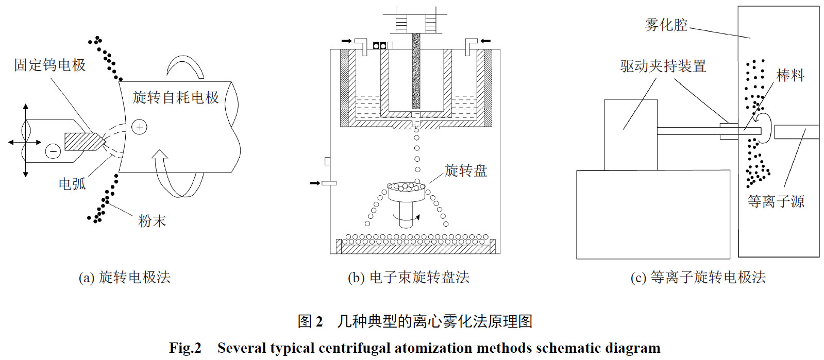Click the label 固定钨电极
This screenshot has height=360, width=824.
click(x=50, y=65)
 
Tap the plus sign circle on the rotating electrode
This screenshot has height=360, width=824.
click(x=140, y=127)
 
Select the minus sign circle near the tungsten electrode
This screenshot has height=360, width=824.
click(x=53, y=151)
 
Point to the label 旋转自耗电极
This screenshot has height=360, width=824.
click(x=176, y=97)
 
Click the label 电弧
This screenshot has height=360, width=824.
click(x=72, y=184)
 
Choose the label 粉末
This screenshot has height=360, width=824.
click(x=152, y=221)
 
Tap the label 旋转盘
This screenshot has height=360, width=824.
click(x=466, y=170)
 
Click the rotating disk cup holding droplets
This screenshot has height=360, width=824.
click(x=406, y=191)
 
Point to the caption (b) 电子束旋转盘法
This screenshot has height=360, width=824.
click(x=409, y=278)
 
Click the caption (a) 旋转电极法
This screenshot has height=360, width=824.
click(x=124, y=278)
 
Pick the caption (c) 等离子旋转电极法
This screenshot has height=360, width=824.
click(x=698, y=278)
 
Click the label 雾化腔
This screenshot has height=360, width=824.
click(x=666, y=25)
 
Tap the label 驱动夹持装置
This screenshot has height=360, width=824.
click(x=663, y=66)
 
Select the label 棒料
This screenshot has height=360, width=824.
click(x=790, y=75)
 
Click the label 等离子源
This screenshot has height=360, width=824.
click(x=776, y=201)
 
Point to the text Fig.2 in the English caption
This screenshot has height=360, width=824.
click(x=185, y=348)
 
